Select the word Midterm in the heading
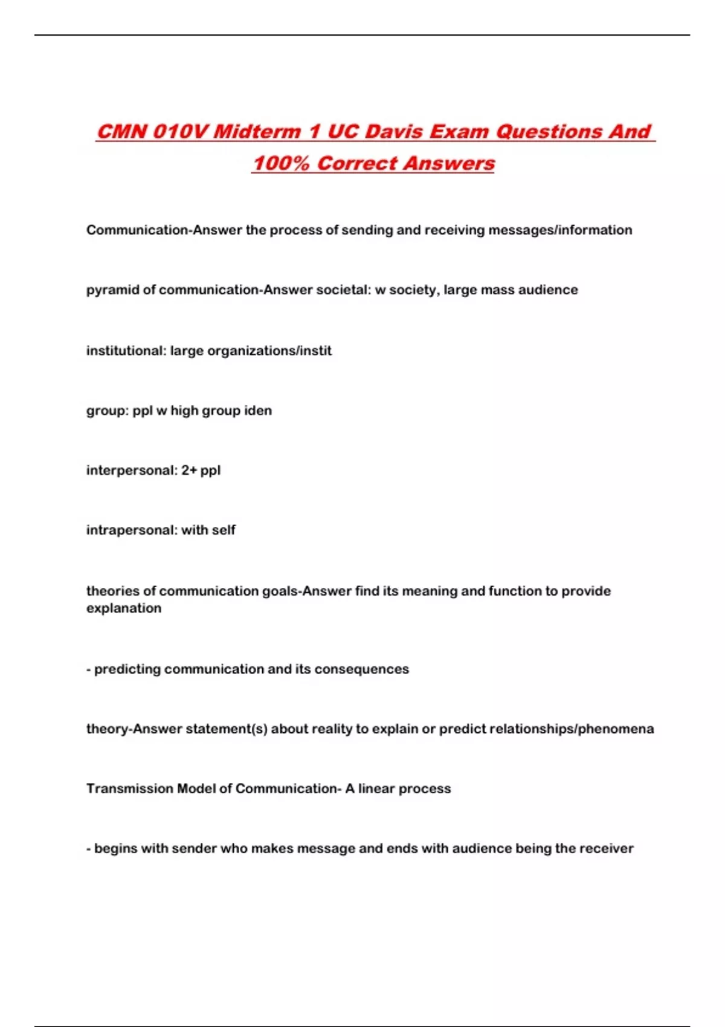257,132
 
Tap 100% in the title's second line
281,163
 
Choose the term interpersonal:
131,471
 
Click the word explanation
124,608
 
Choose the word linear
376,789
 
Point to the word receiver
607,849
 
